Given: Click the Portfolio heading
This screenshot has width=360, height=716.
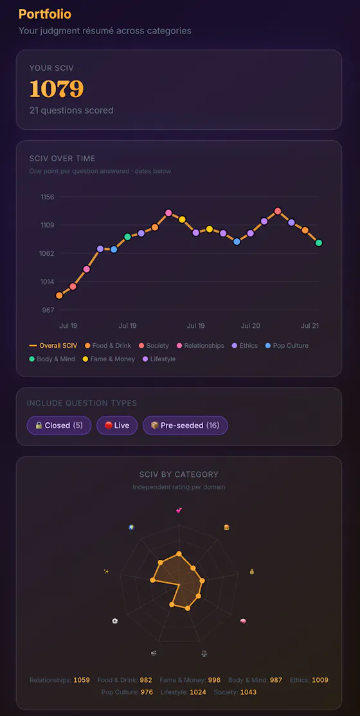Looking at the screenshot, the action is click(45, 14).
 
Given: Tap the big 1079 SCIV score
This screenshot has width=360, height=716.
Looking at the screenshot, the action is click(57, 89).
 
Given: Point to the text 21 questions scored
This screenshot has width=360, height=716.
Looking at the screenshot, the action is click(71, 110).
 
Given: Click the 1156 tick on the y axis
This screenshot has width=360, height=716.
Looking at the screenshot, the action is click(48, 197).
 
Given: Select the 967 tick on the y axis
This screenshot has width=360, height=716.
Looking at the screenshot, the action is click(48, 310).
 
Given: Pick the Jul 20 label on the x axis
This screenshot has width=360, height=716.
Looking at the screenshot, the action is click(250, 326).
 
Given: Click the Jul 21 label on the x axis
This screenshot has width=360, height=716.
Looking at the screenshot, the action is click(310, 326).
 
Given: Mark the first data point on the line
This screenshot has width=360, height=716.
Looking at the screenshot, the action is click(59, 296).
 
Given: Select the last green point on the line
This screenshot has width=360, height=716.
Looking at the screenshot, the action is click(318, 243).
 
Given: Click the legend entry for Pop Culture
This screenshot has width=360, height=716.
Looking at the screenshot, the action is click(287, 346).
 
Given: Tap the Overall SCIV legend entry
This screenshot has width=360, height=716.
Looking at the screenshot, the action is click(53, 346).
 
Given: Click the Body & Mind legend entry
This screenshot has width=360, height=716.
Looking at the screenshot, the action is click(52, 359).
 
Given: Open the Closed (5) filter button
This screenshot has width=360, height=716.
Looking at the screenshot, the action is click(59, 425).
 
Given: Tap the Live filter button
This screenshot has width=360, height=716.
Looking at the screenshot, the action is click(117, 425).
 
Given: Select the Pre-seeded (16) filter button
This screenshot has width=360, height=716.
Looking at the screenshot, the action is click(185, 425).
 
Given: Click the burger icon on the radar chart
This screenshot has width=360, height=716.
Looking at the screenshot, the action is click(226, 528).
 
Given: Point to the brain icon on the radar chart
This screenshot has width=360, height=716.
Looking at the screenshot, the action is click(243, 621).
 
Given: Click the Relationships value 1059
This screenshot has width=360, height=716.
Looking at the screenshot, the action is click(82, 680).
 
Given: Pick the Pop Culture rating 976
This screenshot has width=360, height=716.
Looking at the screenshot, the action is click(147, 692).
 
